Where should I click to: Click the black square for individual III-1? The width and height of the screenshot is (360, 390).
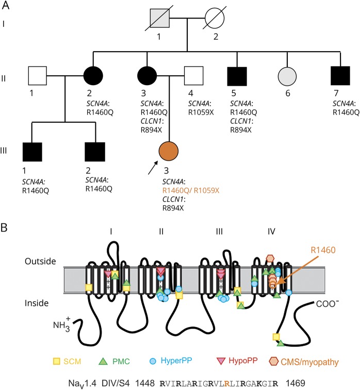[x=32, y=154]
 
